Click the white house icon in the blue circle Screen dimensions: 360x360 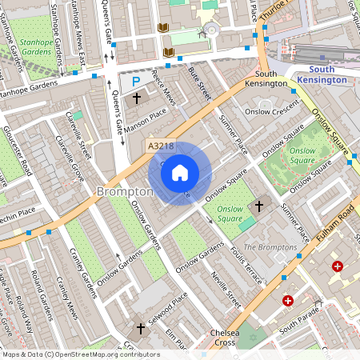(180, 173)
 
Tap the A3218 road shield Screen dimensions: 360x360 (160, 146)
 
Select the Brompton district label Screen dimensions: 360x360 (124, 192)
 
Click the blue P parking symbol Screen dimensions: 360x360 (135, 82)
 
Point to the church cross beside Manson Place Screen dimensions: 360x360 (136, 98)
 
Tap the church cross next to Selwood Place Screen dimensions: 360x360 (141, 328)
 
